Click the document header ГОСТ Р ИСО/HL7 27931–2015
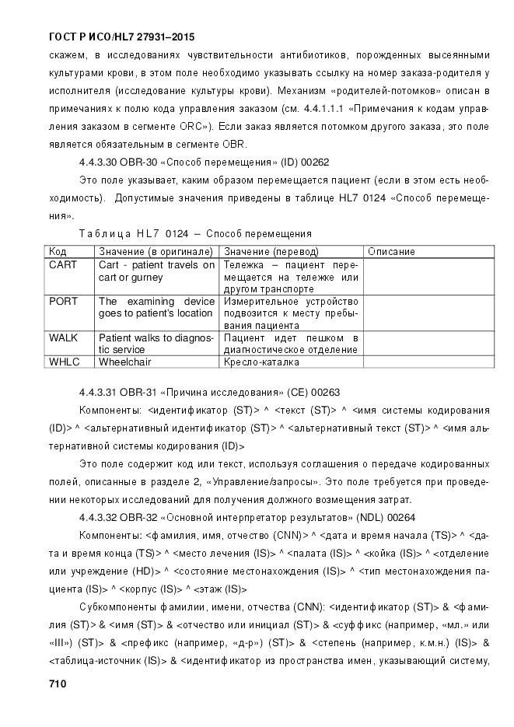121,37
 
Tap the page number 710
58,684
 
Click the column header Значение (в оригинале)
156,252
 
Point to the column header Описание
391,252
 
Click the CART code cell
63,264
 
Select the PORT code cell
63,301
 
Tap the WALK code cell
63,337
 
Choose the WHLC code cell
64,362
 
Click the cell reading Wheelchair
124,362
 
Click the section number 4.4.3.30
100,163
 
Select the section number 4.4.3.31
100,392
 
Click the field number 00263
323,392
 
